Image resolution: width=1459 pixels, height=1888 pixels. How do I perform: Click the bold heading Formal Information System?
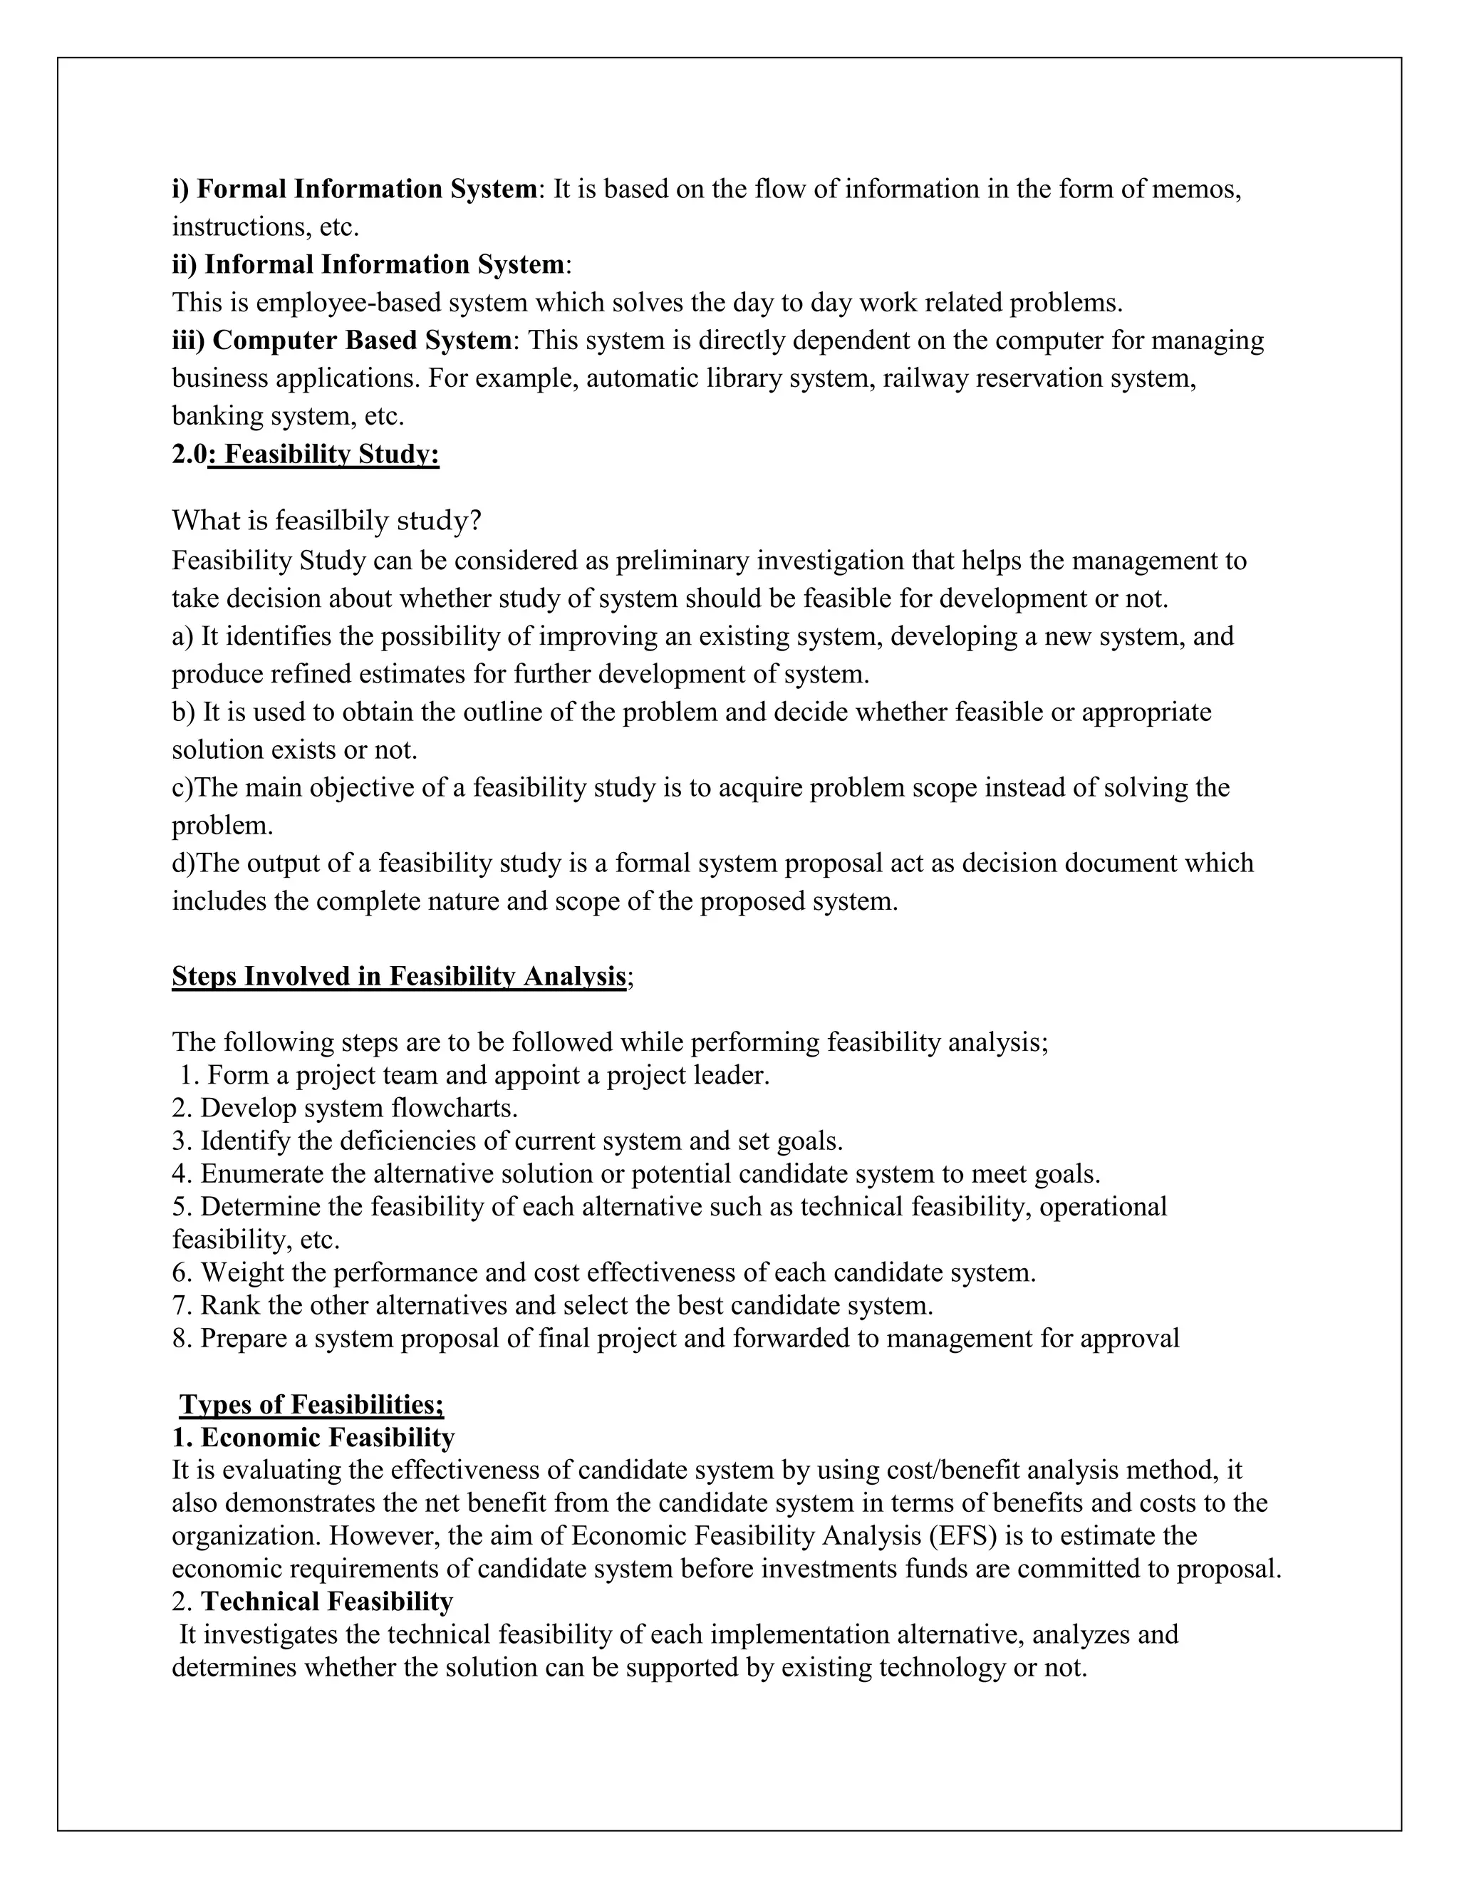(x=366, y=189)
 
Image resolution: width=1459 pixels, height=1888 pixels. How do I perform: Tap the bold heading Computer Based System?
(x=362, y=340)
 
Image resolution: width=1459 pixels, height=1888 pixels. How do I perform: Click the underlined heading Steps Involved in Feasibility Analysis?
(x=398, y=976)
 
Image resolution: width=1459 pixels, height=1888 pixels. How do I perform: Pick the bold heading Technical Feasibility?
(x=327, y=1602)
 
